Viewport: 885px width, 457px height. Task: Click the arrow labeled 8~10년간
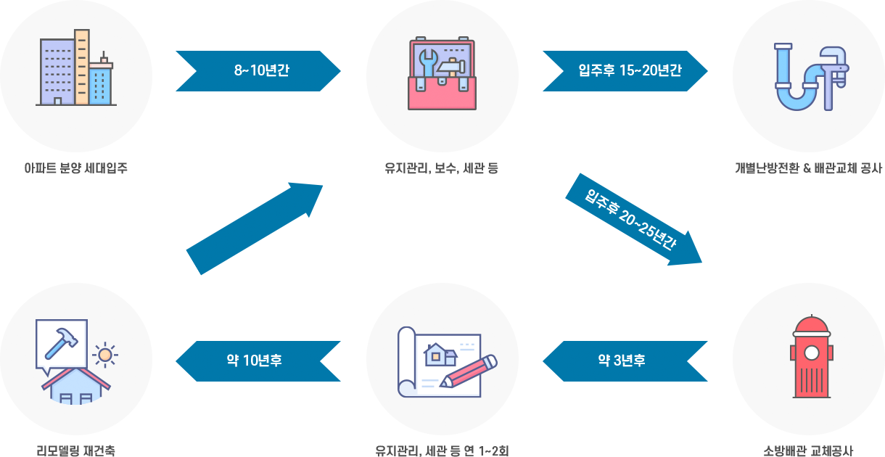(x=258, y=71)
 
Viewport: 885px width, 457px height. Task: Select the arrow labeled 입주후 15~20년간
(x=625, y=71)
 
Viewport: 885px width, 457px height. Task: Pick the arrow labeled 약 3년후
(x=625, y=361)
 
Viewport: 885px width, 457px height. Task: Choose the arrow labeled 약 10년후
(x=258, y=361)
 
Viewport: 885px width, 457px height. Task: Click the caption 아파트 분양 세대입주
(x=76, y=169)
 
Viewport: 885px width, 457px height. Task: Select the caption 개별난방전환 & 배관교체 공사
(x=808, y=169)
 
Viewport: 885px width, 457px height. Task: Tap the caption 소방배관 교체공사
(x=808, y=450)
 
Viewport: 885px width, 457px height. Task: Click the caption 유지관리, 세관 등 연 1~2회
(x=442, y=450)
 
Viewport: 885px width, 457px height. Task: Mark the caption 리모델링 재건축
(x=76, y=450)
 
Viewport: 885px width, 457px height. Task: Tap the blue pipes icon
(x=810, y=77)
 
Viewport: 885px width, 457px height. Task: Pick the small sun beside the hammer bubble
(x=107, y=355)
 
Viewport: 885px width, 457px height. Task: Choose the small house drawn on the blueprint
(x=441, y=353)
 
